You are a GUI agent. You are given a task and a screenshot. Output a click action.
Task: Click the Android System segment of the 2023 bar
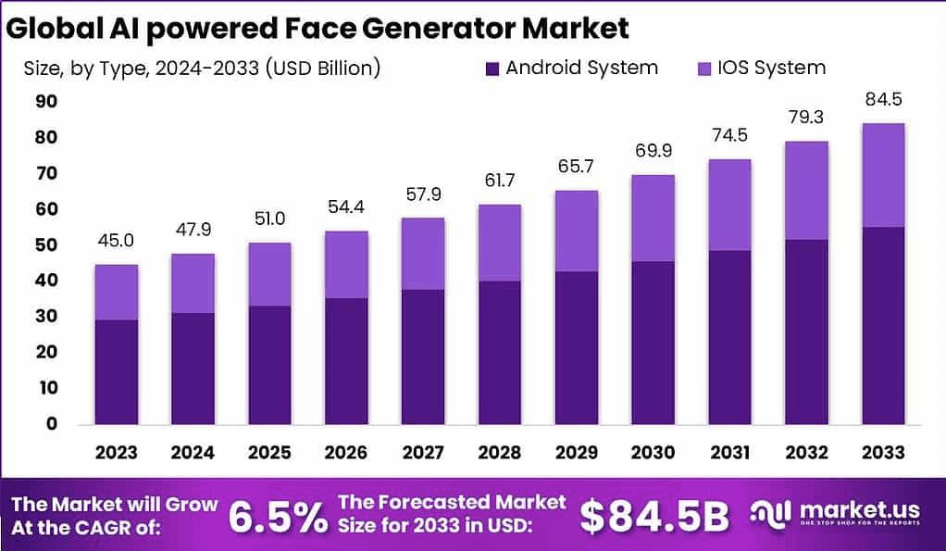click(116, 371)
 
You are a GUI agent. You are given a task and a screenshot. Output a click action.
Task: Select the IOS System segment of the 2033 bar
click(883, 175)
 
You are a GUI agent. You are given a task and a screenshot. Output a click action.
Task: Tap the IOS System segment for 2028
click(499, 243)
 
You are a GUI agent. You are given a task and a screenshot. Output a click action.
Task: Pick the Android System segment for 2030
click(653, 342)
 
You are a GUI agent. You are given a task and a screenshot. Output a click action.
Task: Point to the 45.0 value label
click(116, 241)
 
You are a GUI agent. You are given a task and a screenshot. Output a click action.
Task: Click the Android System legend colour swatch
click(492, 68)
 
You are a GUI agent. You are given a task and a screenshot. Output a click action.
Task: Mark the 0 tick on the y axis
click(52, 424)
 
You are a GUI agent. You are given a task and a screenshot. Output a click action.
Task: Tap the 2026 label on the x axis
click(345, 452)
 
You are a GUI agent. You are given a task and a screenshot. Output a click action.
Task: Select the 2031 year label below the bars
click(729, 452)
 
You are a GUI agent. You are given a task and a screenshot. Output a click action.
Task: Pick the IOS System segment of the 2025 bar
click(269, 274)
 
